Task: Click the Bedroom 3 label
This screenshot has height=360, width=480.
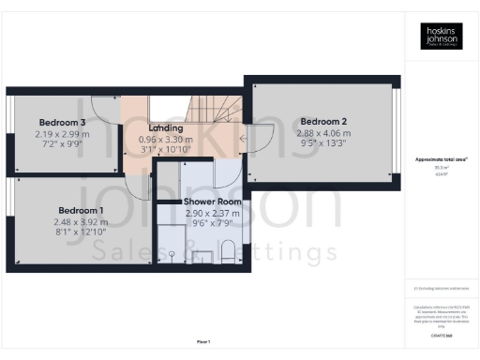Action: point(63,123)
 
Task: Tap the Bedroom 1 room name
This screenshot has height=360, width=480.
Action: point(82,210)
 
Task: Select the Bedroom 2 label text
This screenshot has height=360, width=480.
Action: point(323,121)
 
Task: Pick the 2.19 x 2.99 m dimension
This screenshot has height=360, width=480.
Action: point(63,135)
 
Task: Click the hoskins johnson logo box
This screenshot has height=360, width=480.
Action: point(440,37)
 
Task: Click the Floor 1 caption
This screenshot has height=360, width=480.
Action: point(202,340)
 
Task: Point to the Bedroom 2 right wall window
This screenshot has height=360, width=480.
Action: point(397,131)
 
